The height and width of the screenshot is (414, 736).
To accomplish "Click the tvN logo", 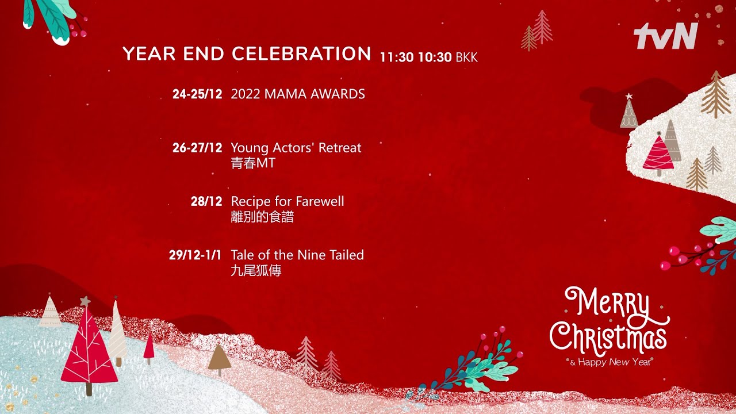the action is [666, 36].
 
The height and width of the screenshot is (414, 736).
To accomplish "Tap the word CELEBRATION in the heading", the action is [302, 54].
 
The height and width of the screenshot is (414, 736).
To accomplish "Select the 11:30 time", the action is [397, 57].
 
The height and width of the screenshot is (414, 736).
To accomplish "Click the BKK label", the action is [466, 57].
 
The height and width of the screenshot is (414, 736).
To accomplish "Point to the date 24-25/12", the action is [197, 94].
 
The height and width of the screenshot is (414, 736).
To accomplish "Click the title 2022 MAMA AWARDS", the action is [298, 94].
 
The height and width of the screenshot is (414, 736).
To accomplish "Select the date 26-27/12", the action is [197, 148].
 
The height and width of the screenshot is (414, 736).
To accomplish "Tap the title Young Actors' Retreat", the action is [296, 148].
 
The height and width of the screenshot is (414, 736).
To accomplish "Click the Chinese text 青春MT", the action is [252, 163].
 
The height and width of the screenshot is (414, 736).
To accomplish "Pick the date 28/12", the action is [206, 201].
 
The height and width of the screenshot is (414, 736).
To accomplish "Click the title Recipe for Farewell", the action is [287, 201].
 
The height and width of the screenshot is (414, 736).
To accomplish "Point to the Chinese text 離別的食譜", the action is [262, 217].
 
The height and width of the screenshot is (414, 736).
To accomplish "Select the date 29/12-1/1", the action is [195, 255].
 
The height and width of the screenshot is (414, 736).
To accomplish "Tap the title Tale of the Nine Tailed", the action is [297, 255].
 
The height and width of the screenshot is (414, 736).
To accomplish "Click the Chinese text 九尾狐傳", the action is [256, 271].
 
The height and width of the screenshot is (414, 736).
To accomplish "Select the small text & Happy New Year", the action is [611, 362].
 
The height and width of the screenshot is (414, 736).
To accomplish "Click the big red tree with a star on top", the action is [89, 345].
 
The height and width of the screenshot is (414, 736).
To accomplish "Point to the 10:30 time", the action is [435, 57].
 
